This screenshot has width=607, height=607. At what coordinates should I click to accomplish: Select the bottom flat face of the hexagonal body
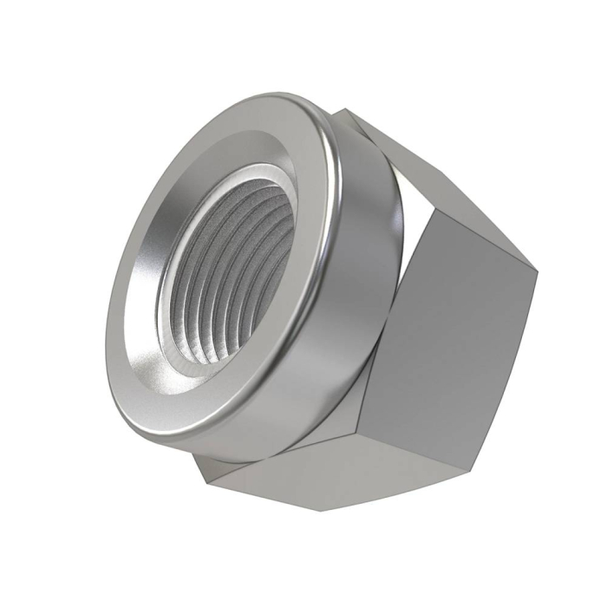click(286, 473)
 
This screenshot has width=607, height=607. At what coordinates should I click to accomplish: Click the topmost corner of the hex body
click(343, 109)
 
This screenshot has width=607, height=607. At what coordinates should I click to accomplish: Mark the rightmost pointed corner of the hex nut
click(538, 270)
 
